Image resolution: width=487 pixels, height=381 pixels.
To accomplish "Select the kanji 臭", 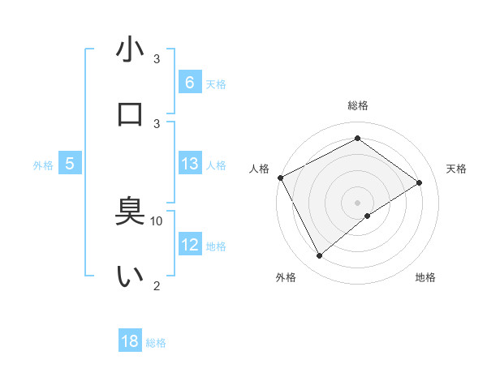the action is [130, 212].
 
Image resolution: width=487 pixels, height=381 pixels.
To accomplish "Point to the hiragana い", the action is [130, 276].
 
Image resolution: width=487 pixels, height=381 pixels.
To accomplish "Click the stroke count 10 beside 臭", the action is [157, 220].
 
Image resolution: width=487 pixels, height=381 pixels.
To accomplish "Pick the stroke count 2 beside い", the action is [157, 285].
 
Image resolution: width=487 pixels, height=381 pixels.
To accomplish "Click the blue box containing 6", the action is [189, 83].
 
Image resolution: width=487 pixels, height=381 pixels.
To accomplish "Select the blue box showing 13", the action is [189, 164].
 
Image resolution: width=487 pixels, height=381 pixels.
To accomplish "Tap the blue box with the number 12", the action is [189, 245].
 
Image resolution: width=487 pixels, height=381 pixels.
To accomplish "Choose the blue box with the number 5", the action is [70, 164].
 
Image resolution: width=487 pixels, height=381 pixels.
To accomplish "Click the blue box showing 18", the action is [130, 341].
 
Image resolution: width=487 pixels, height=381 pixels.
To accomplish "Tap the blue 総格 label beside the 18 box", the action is [156, 343].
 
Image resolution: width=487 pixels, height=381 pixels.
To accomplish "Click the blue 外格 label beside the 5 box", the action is [43, 165].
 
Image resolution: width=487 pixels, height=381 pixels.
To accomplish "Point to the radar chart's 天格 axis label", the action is [456, 169].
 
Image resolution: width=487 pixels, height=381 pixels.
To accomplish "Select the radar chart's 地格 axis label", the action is [425, 277].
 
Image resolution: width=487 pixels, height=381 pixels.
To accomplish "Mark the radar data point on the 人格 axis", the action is [280, 178].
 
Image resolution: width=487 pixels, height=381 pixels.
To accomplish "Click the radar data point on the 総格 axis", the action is [357, 139].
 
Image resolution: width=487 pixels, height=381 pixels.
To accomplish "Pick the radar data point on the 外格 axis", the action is [319, 256].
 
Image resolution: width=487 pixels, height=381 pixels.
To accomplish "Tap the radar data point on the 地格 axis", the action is [368, 216].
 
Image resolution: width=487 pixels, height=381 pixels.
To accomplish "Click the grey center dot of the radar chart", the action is [357, 202].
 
